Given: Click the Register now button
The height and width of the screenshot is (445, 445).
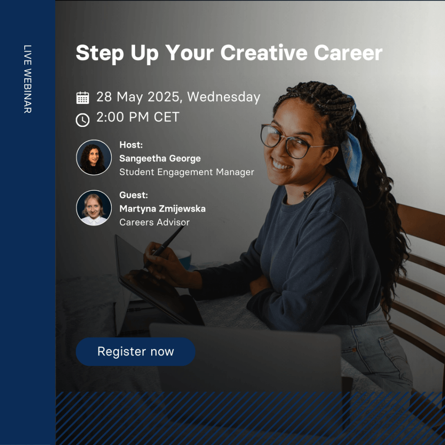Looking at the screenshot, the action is click(136, 351).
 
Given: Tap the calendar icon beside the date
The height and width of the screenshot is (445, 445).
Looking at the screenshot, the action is click(83, 98).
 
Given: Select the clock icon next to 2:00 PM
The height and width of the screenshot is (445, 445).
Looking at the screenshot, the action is click(83, 120).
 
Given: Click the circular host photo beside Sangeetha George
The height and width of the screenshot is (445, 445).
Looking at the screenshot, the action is click(94, 157).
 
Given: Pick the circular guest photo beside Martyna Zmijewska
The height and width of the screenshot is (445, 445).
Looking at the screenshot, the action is click(94, 208).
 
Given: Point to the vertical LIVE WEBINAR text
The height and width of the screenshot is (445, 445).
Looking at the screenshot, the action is click(27, 79).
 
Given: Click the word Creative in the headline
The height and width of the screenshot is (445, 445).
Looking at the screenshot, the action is click(264, 53).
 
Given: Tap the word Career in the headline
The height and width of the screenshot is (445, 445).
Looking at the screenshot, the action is click(348, 53).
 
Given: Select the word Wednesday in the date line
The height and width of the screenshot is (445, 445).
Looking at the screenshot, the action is click(224, 97).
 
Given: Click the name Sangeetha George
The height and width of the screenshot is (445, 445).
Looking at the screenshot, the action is click(160, 158).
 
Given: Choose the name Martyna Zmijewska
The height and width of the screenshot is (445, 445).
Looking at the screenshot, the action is click(163, 209).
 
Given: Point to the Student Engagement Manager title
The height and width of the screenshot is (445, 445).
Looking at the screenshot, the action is click(186, 172).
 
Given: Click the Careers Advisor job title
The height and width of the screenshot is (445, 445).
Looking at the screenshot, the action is click(154, 222).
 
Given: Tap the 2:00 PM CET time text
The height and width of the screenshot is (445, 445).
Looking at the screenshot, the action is click(138, 117).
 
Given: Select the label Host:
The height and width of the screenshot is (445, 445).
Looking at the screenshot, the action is click(131, 145).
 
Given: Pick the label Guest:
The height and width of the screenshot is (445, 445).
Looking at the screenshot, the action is click(133, 195).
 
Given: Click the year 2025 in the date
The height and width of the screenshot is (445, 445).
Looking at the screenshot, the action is click(164, 97).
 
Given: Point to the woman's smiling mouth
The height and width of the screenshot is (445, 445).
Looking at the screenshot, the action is click(282, 165).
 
